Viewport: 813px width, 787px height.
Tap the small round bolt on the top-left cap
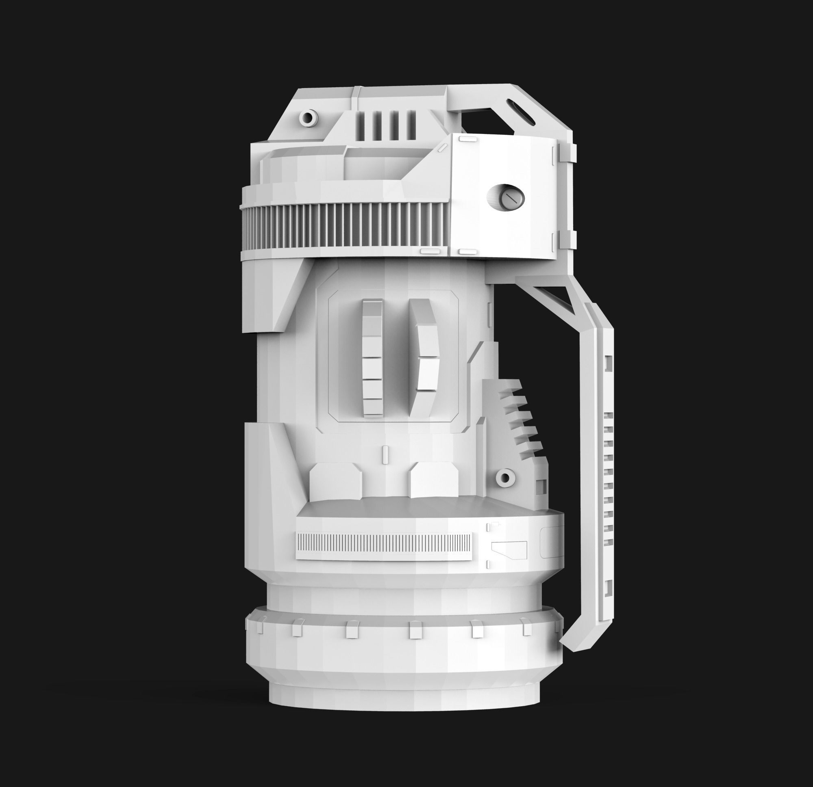[x=308, y=118]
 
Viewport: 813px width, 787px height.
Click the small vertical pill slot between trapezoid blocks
[x=385, y=454]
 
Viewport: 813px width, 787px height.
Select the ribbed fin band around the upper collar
[x=344, y=228]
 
